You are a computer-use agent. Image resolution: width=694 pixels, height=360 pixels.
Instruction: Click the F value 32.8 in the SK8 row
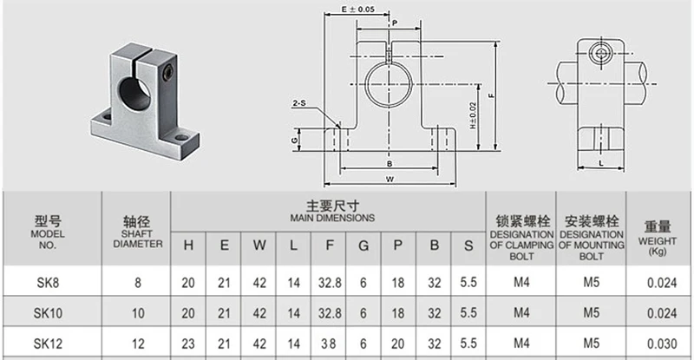click(x=330, y=283)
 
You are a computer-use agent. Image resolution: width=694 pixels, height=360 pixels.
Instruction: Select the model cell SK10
click(x=48, y=313)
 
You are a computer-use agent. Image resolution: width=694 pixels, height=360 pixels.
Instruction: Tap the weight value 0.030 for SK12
click(x=662, y=344)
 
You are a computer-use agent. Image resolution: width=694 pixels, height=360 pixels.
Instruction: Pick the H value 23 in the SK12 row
click(x=188, y=344)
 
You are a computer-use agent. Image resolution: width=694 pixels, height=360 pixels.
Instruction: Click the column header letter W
click(x=259, y=245)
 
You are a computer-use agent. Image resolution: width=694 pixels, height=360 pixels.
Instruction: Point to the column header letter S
click(x=468, y=245)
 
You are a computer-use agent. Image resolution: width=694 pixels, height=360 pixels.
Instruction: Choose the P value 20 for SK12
click(x=398, y=344)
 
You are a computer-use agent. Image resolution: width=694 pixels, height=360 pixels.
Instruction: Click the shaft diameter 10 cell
click(x=138, y=313)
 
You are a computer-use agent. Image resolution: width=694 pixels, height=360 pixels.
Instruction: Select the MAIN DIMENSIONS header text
click(x=332, y=218)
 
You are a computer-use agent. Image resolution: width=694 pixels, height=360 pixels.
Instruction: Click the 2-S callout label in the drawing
click(x=299, y=103)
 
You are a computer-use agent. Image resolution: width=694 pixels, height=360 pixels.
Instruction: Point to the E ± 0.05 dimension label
click(x=357, y=9)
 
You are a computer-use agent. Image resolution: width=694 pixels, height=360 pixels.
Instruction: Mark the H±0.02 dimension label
click(x=473, y=115)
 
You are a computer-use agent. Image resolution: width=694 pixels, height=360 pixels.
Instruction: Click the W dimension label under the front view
click(x=390, y=180)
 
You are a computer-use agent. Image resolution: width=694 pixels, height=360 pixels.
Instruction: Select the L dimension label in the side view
click(x=600, y=163)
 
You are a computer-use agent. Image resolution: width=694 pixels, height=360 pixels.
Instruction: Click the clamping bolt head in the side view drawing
click(x=600, y=54)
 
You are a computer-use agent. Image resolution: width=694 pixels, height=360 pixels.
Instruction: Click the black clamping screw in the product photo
click(x=167, y=72)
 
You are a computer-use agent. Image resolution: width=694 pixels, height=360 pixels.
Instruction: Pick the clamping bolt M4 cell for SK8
click(x=521, y=282)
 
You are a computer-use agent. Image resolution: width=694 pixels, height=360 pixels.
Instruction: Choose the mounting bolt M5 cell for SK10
click(x=592, y=312)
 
